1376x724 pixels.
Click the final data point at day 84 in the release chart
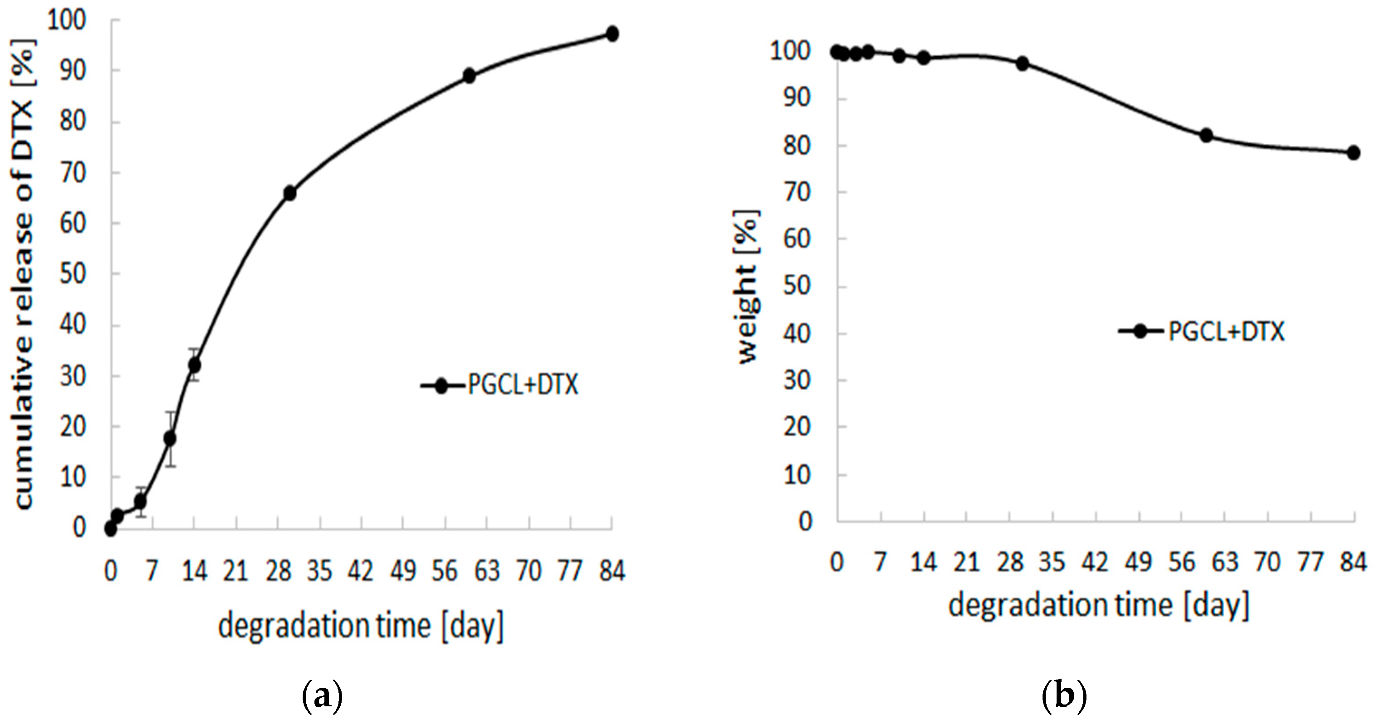click(612, 34)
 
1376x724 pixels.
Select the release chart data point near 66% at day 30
click(290, 194)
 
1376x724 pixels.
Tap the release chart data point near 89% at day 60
click(469, 76)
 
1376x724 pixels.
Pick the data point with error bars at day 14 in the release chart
click(194, 365)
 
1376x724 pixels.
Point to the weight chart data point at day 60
click(1206, 135)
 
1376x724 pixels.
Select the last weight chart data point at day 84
click(1353, 153)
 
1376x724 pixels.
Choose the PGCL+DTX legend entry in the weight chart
click(1202, 332)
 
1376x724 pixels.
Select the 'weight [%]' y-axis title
click(748, 287)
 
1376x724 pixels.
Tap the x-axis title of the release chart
click(361, 626)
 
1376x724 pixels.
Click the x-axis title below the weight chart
click(1099, 605)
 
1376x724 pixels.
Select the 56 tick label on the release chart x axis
click(445, 571)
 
